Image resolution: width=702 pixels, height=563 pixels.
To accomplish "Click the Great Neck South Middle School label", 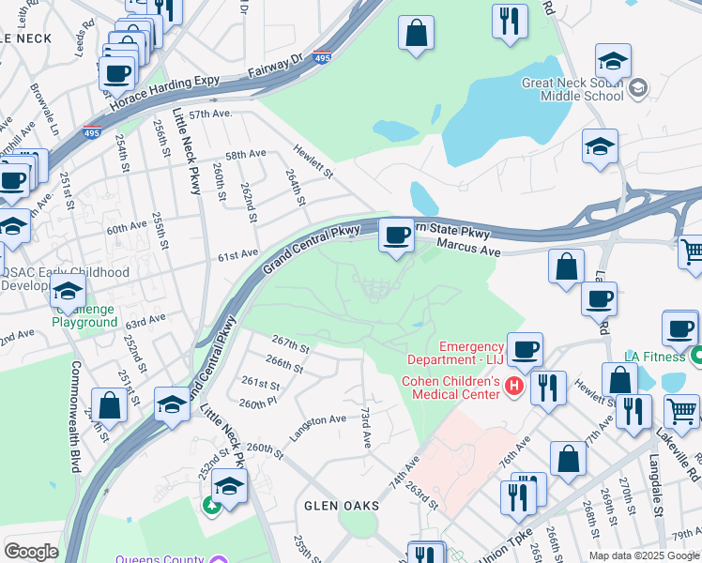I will click(x=572, y=89).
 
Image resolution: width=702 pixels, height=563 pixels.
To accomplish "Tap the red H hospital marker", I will click(x=513, y=386).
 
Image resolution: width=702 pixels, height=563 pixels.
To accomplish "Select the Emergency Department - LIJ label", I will click(x=457, y=353).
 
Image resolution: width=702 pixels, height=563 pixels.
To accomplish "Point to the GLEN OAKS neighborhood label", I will click(x=341, y=506).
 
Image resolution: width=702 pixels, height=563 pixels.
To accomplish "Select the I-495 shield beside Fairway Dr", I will click(x=322, y=56).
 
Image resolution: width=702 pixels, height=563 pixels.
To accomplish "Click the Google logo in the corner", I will click(x=31, y=551).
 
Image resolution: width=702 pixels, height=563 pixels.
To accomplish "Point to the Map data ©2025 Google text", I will click(x=644, y=555).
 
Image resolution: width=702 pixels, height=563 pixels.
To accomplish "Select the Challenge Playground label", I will click(x=84, y=316).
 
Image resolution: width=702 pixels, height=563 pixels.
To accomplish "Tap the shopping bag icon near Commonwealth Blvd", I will click(x=110, y=406).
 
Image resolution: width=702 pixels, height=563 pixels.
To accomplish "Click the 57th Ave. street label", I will click(x=210, y=114).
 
